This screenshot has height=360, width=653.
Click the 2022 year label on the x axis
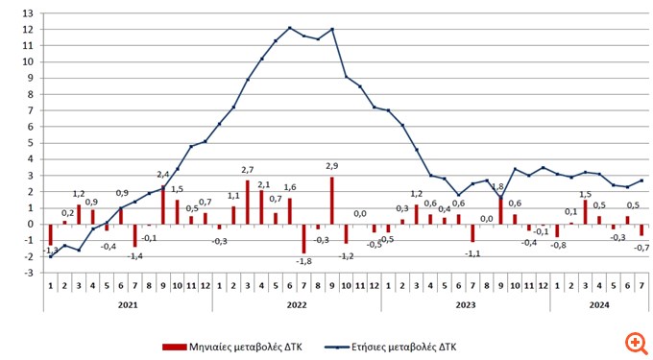click(x=297, y=304)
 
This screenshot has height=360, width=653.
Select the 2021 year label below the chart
click(x=128, y=304)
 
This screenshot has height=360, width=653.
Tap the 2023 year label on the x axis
click(x=465, y=304)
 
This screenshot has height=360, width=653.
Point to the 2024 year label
click(x=599, y=304)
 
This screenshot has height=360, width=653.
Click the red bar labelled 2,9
click(x=332, y=201)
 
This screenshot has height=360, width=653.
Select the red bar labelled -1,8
click(x=304, y=239)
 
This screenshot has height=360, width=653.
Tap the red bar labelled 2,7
click(x=248, y=203)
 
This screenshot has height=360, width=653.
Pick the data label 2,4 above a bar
click(x=162, y=175)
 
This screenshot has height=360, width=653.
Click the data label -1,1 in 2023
click(x=472, y=252)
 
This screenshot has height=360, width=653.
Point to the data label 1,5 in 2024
click(x=585, y=193)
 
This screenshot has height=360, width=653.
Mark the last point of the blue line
click(x=641, y=180)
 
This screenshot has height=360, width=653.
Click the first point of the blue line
click(x=50, y=256)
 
